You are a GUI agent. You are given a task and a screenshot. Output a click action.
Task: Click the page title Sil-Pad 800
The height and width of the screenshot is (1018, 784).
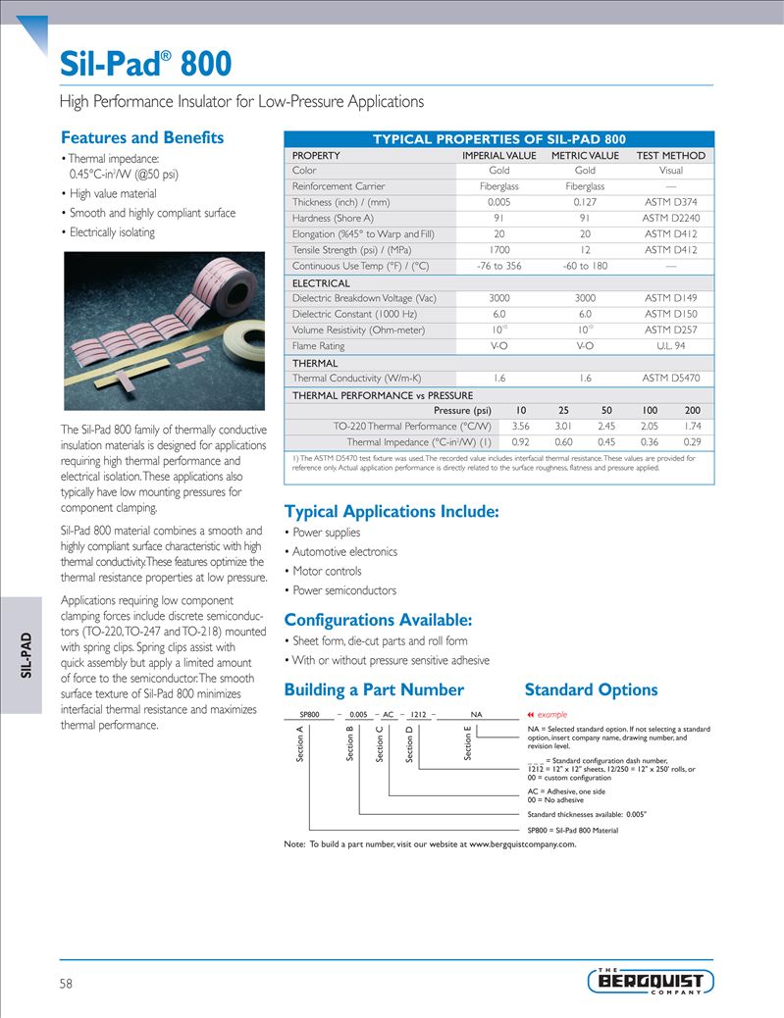point(146,64)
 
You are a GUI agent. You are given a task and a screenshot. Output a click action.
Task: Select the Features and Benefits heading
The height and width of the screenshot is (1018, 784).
point(142,137)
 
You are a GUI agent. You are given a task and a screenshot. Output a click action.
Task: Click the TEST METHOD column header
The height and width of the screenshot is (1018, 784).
point(670,155)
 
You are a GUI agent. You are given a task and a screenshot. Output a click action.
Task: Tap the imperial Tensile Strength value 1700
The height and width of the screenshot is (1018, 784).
point(498,250)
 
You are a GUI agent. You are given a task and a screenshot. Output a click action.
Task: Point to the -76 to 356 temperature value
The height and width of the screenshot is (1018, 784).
point(498,266)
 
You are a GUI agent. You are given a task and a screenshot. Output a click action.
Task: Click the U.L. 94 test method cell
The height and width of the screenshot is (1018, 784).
point(670,345)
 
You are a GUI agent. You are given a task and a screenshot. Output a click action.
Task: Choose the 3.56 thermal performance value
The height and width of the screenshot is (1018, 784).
point(521,426)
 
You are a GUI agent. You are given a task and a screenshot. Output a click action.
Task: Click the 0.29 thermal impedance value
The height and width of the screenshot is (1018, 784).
point(692,441)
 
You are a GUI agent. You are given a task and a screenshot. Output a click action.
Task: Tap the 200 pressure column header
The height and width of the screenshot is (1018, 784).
point(692,410)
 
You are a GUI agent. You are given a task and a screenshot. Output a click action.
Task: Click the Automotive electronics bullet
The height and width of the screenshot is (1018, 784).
point(344,551)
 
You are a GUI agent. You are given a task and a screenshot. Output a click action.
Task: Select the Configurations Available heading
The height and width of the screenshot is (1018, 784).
point(378,620)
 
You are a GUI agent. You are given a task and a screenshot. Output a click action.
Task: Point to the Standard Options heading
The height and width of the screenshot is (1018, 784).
point(591,689)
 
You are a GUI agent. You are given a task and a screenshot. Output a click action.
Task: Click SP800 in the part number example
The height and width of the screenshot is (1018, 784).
point(310,714)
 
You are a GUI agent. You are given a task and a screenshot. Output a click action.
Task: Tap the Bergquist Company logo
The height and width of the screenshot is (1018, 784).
point(651,981)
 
